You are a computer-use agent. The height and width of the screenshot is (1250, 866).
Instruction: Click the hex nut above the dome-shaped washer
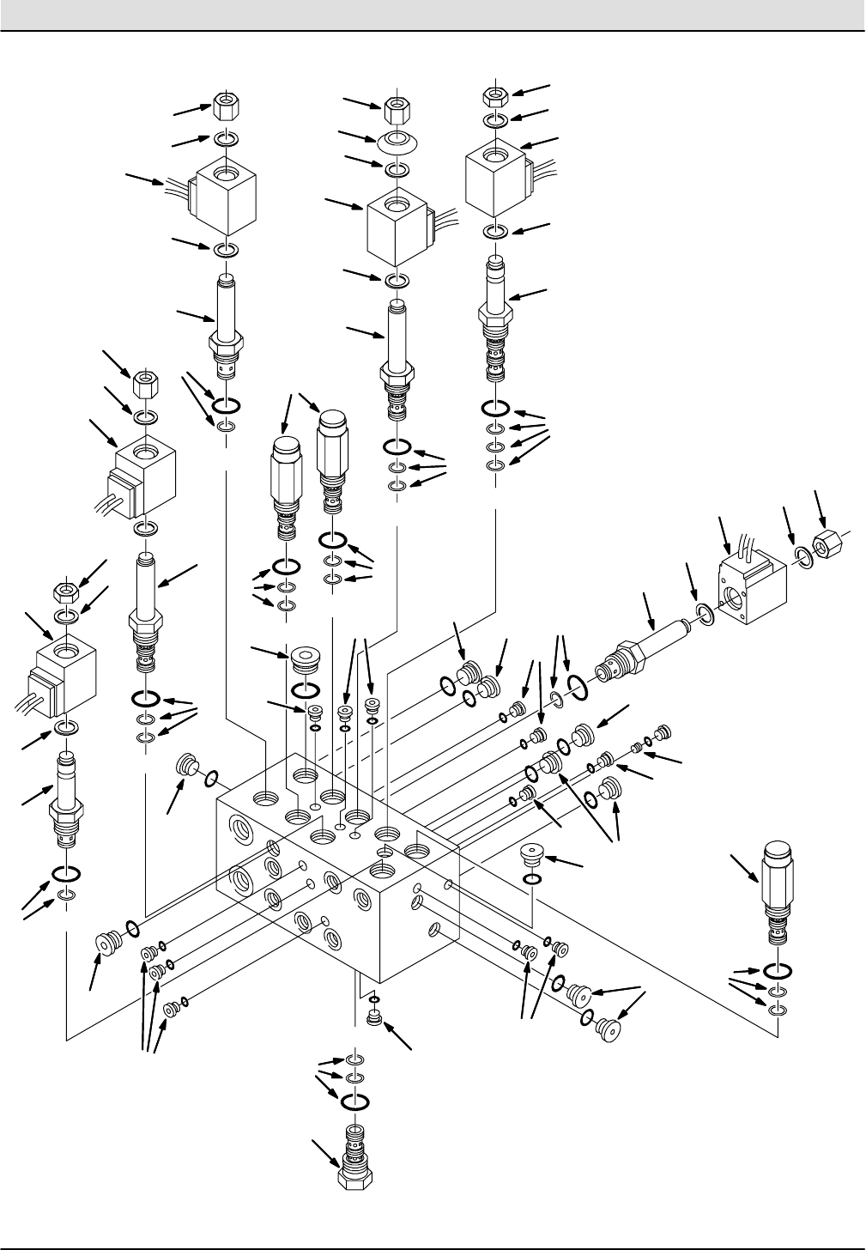(x=397, y=111)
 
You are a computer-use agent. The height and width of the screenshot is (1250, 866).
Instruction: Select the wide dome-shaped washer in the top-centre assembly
(x=397, y=140)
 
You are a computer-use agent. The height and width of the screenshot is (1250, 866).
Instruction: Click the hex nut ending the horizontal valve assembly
(x=827, y=543)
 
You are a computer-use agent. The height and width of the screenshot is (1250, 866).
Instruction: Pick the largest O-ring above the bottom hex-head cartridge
(x=354, y=1101)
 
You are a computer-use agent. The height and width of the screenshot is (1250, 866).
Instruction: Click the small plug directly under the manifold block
(x=373, y=1018)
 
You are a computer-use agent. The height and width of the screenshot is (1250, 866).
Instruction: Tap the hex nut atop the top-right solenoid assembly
(x=496, y=95)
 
